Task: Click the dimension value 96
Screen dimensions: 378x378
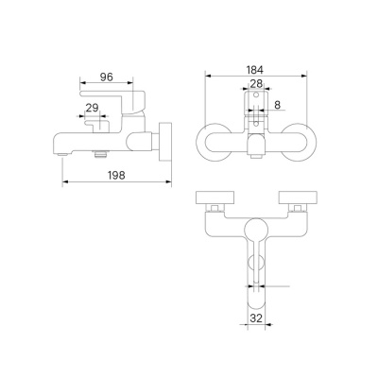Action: (107, 77)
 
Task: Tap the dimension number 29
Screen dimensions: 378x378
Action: (93, 108)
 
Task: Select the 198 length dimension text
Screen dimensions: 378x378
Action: (116, 175)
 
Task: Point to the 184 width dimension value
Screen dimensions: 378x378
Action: (256, 70)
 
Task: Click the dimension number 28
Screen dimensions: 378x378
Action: (256, 83)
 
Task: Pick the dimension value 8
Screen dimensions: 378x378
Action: (277, 105)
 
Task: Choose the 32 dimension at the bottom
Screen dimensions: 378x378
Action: (257, 318)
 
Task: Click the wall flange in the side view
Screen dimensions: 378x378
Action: (166, 142)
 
